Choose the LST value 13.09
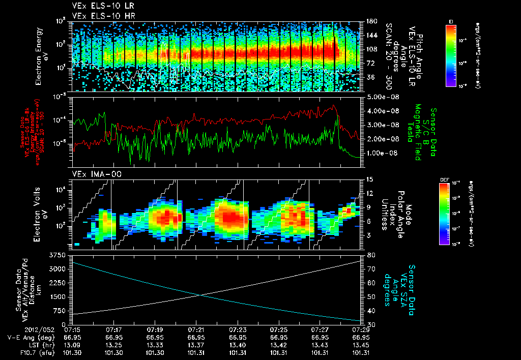pos(74,344)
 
